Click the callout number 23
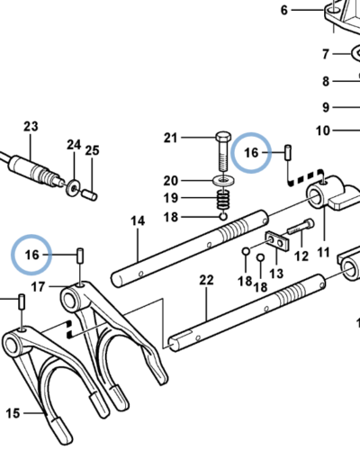point(31,127)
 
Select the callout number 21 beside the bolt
point(170,138)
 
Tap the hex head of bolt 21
point(223,137)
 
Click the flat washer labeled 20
point(223,181)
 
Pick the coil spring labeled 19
point(223,200)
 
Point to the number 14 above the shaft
point(138,221)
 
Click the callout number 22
point(206,280)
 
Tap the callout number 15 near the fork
point(13,413)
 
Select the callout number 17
point(38,287)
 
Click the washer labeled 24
point(73,188)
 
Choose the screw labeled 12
point(301,228)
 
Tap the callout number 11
point(323,252)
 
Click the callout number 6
point(284,11)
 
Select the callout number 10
point(323,130)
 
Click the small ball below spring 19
point(223,216)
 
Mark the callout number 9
point(326,107)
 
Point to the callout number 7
point(326,54)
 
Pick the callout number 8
point(326,81)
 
